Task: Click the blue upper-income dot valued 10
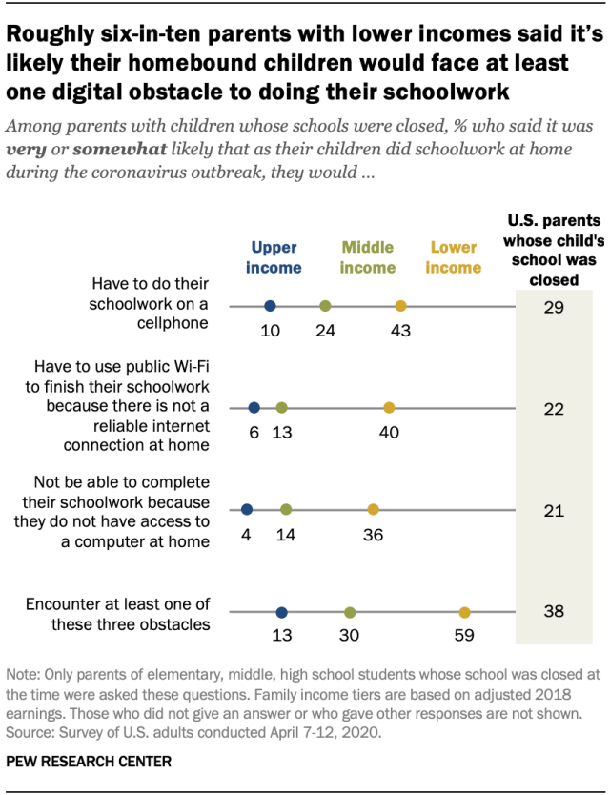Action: coord(270,306)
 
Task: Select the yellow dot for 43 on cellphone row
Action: coord(400,306)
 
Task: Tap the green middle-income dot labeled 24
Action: coord(325,306)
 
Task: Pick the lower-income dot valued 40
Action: coord(389,408)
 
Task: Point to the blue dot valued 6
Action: coord(254,408)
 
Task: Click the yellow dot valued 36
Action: coord(373,510)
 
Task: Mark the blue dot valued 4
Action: coord(247,510)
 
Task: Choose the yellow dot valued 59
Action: coord(464,612)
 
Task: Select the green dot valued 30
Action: coord(350,612)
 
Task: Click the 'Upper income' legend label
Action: coord(274,257)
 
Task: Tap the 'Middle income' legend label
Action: coord(368,257)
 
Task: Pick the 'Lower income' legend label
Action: coord(454,257)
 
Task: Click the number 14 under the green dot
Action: coord(286,535)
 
